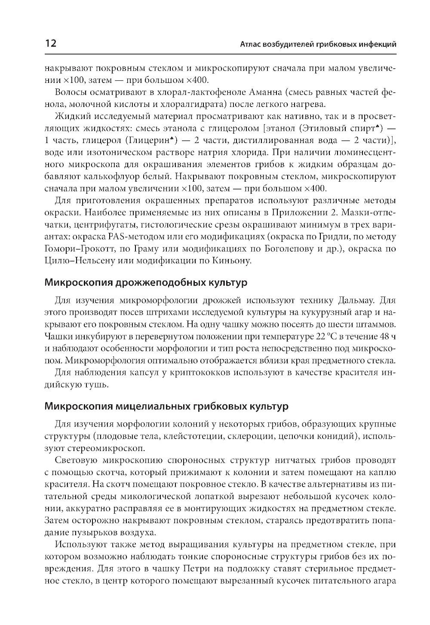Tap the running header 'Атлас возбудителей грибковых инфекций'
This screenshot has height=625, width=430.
click(318, 44)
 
